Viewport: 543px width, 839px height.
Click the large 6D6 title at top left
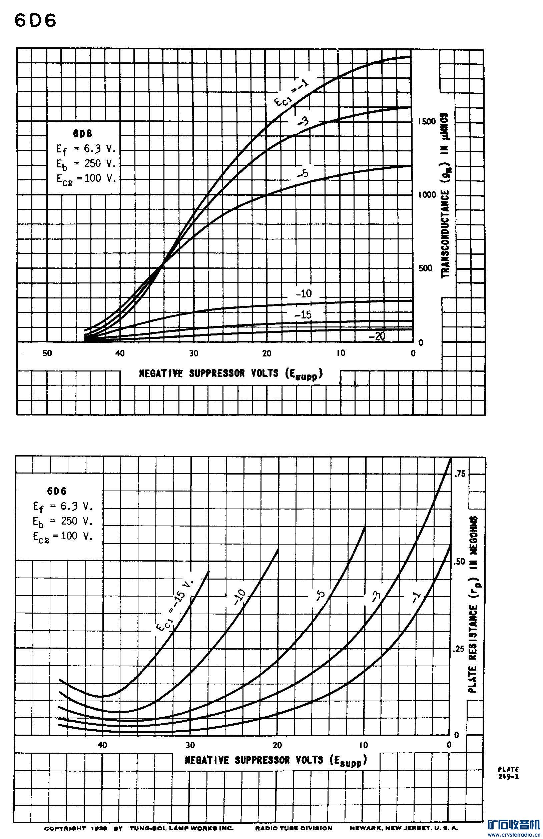35,21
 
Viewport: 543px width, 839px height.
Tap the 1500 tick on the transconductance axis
427,121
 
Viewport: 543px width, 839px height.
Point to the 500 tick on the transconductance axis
425,268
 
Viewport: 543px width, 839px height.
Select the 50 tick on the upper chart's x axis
47,353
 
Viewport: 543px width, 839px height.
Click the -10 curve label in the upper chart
304,294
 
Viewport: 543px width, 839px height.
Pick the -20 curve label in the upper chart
377,336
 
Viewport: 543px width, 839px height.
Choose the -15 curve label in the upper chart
304,315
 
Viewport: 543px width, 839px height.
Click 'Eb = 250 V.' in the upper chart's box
86,164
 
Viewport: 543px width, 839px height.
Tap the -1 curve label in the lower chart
416,597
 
